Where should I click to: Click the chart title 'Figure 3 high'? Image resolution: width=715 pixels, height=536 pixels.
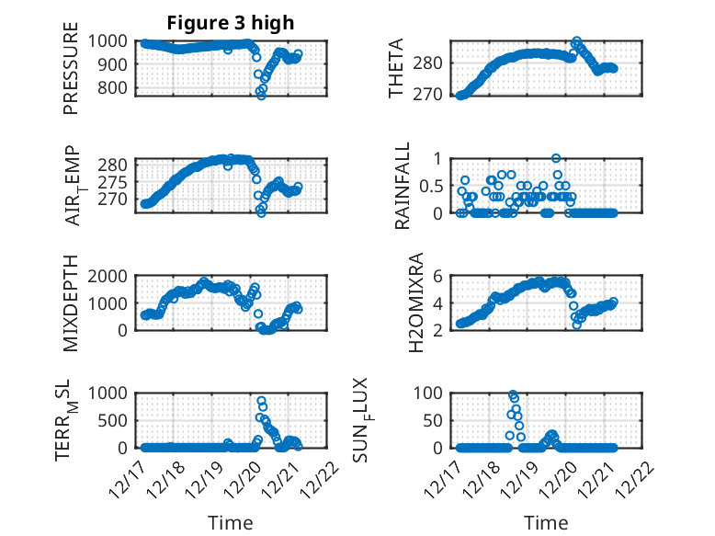(230, 23)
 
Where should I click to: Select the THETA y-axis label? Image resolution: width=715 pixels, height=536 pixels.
(396, 68)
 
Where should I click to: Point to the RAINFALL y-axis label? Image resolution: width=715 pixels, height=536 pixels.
(403, 185)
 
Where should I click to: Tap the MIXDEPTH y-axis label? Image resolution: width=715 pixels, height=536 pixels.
(71, 302)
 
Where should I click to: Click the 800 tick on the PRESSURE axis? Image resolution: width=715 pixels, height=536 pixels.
(115, 88)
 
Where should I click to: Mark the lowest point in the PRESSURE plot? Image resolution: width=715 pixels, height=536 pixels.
(261, 95)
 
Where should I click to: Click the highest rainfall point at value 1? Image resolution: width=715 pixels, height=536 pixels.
(556, 158)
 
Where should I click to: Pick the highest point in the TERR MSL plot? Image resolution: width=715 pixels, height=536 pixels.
(261, 401)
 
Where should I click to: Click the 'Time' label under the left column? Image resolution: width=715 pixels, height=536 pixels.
(230, 522)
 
